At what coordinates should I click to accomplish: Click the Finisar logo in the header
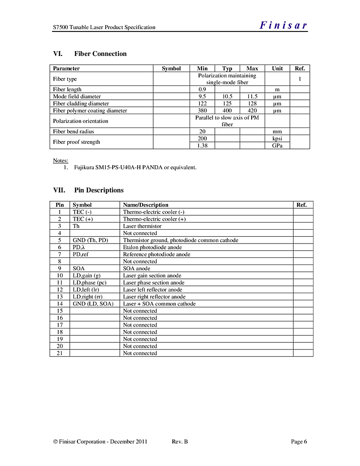283,26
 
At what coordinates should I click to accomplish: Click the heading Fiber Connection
100,54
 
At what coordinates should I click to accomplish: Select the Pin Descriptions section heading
99,190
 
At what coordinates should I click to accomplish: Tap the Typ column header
227,69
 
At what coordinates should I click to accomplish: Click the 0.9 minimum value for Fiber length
202,89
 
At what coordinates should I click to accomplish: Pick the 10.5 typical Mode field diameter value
227,96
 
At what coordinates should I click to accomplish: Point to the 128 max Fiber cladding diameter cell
252,104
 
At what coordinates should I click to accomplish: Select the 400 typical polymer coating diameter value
227,111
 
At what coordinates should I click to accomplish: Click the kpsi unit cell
277,138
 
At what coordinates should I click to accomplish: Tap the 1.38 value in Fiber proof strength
202,146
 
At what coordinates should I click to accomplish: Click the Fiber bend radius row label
74,132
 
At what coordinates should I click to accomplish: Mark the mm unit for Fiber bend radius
277,132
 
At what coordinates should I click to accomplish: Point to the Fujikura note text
135,168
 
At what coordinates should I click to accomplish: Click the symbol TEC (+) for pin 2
83,219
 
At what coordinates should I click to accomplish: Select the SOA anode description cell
137,268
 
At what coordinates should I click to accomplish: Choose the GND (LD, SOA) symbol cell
93,304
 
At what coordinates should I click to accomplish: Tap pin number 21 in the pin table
60,353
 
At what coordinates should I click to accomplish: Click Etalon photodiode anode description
152,247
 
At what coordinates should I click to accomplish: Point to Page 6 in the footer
299,442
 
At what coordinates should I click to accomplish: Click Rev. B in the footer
180,442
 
